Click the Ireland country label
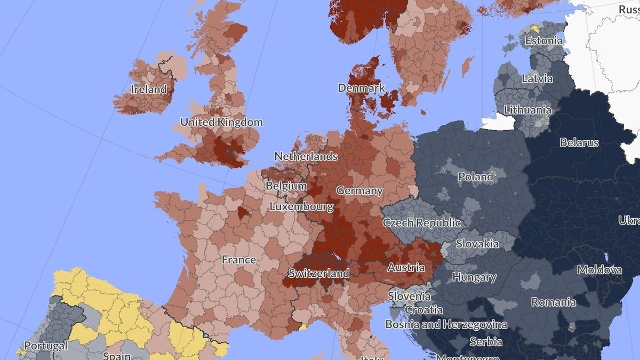[x=149, y=90]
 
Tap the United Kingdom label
[x=221, y=122]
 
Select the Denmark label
[x=361, y=88]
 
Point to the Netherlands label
[x=306, y=156]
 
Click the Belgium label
[x=286, y=186]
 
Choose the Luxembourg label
[x=301, y=206]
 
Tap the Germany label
[x=359, y=190]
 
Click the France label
[x=239, y=260]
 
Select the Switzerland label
[x=318, y=274]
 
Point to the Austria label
[x=406, y=267]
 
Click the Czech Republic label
[x=421, y=222]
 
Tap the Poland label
[x=476, y=177]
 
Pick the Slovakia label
[x=477, y=244]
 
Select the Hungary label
[x=474, y=277]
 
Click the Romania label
[x=553, y=302]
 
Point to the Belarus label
[x=579, y=142]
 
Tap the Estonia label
[x=543, y=41]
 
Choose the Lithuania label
[x=527, y=110]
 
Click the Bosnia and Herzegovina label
[x=446, y=324]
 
